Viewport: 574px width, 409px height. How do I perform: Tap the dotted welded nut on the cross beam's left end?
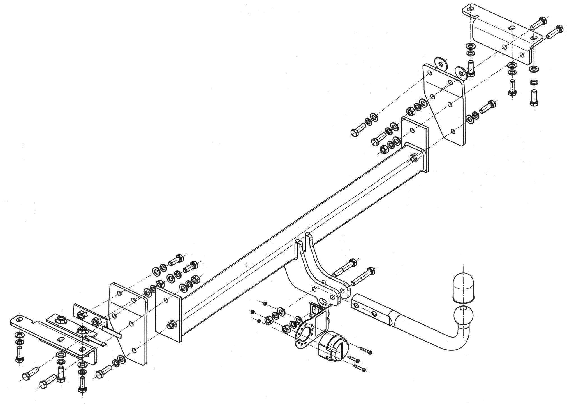point(170,325)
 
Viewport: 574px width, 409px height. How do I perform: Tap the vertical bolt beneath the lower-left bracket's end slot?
point(20,353)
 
